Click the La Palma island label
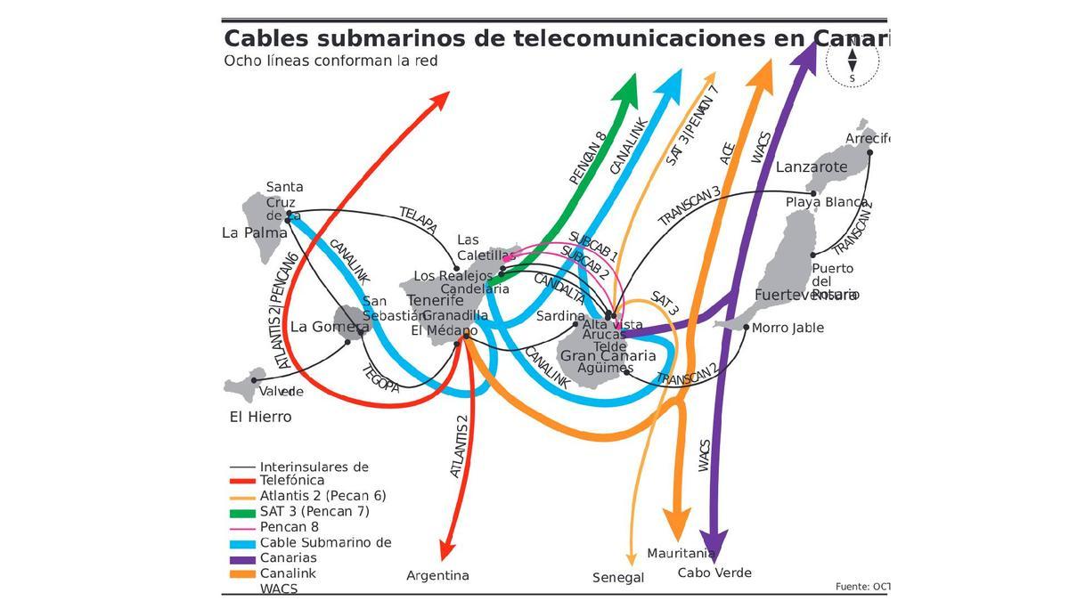point(255,232)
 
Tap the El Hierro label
point(260,417)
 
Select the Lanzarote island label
point(812,166)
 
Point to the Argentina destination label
point(437,575)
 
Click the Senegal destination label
point(618,578)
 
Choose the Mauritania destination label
point(681,553)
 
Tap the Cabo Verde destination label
point(714,573)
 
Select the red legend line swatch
point(242,481)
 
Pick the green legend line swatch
point(242,512)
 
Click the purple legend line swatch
point(242,559)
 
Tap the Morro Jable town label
point(787,328)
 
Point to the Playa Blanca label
point(826,202)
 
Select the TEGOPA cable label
point(380,375)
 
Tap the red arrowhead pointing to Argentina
point(448,547)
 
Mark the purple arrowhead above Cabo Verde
point(714,542)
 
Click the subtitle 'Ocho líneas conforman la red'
point(330,61)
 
